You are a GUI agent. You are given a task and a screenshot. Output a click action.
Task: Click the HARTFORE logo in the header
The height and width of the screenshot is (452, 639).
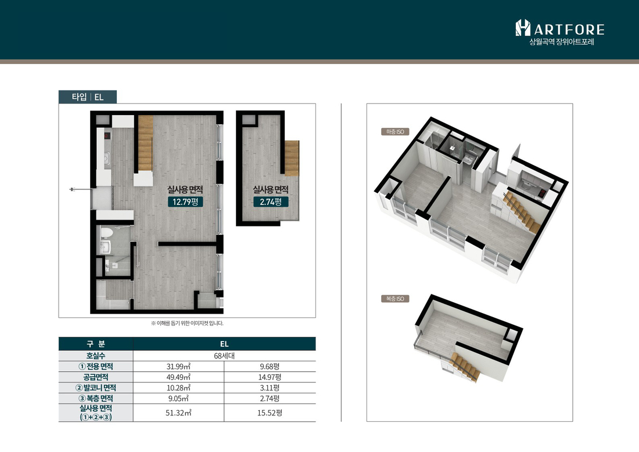pyautogui.click(x=560, y=28)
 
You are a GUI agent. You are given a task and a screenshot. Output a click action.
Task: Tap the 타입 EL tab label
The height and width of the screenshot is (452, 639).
pyautogui.click(x=88, y=97)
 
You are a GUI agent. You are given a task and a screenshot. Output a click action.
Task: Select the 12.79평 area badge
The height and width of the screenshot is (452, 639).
pyautogui.click(x=185, y=202)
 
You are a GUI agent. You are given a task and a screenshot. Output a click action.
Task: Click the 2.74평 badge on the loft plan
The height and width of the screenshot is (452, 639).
pyautogui.click(x=271, y=202)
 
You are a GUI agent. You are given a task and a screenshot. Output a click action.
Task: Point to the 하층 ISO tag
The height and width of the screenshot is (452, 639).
pyautogui.click(x=395, y=132)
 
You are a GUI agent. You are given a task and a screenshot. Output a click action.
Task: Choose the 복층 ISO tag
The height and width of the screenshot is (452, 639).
pyautogui.click(x=395, y=299)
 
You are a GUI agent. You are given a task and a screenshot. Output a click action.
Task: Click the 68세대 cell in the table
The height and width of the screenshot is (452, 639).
pyautogui.click(x=224, y=356)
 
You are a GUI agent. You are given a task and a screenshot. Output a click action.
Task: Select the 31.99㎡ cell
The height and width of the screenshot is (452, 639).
pyautogui.click(x=178, y=367)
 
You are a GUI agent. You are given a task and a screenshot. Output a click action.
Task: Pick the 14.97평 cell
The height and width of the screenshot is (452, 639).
pyautogui.click(x=270, y=377)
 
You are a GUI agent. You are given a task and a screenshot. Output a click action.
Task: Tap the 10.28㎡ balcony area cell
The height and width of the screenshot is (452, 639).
pyautogui.click(x=178, y=388)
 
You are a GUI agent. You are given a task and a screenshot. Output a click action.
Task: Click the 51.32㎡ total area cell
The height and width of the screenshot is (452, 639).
pyautogui.click(x=178, y=413)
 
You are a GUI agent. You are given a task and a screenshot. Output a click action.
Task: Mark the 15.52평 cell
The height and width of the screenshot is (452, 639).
pyautogui.click(x=270, y=413)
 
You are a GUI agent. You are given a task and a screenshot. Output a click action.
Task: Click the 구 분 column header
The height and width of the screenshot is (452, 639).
pyautogui.click(x=96, y=344)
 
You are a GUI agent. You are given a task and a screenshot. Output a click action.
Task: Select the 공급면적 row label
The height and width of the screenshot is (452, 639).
pyautogui.click(x=96, y=377)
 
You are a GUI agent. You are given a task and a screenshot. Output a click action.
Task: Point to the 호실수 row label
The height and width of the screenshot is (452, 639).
pyautogui.click(x=96, y=356)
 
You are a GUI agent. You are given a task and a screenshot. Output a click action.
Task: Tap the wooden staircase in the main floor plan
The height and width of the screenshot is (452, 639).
pyautogui.click(x=145, y=144)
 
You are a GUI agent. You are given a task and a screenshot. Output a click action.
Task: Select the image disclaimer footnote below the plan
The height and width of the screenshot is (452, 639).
pyautogui.click(x=187, y=324)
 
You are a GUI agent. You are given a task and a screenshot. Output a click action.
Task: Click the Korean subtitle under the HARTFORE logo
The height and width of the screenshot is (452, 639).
pyautogui.click(x=562, y=42)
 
